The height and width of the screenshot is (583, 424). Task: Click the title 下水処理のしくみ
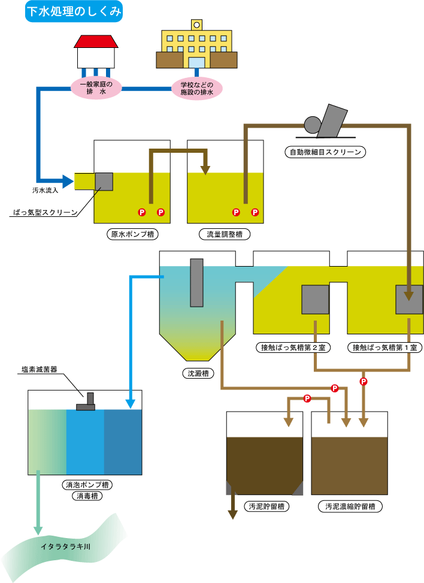coord(74,12)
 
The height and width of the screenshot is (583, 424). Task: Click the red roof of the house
coord(95,41)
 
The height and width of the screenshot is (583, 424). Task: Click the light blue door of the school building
coord(196,62)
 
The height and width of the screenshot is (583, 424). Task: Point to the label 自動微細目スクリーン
coord(325,152)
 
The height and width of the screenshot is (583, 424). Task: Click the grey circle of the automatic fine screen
coord(313,124)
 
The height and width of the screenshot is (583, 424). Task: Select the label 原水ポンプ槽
coord(132,234)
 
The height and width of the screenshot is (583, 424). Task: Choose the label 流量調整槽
coord(225,234)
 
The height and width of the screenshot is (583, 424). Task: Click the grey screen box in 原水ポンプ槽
coord(104,181)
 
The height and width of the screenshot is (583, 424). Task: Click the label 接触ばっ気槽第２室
coord(293,347)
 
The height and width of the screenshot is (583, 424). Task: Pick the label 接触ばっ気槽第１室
coord(386,347)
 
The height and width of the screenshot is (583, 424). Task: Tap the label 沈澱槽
coord(197,373)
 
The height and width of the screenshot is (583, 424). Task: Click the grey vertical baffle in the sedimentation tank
coord(197,282)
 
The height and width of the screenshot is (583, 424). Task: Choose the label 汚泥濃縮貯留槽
coord(350,506)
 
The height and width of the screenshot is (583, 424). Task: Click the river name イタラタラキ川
coord(65,546)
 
